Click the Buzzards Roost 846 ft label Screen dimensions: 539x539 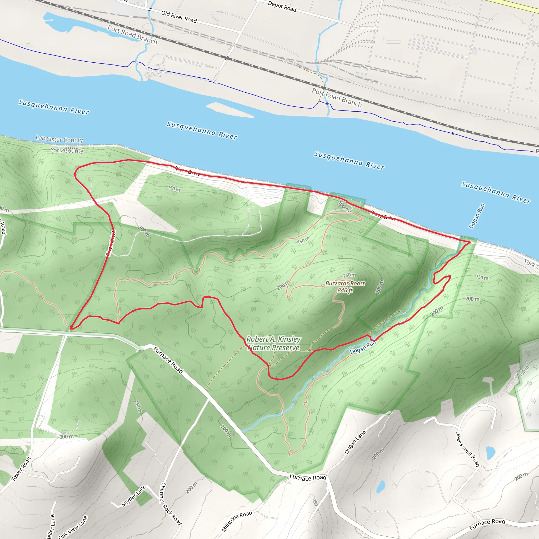345,287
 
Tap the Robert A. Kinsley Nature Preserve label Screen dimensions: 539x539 273,343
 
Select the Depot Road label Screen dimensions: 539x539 282,6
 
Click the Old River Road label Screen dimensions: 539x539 179,17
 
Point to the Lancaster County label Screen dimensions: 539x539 59,139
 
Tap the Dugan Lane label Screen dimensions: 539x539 355,442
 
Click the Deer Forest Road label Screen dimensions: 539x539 468,449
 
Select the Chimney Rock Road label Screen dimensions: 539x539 171,503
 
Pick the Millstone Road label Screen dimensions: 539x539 237,521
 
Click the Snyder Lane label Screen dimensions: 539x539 134,496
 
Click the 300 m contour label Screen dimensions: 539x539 66,437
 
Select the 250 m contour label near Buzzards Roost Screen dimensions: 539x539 349,275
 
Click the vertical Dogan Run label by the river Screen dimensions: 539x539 477,216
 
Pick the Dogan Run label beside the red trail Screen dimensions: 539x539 363,347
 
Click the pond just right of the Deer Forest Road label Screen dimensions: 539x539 491,453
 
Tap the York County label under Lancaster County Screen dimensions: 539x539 67,151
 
